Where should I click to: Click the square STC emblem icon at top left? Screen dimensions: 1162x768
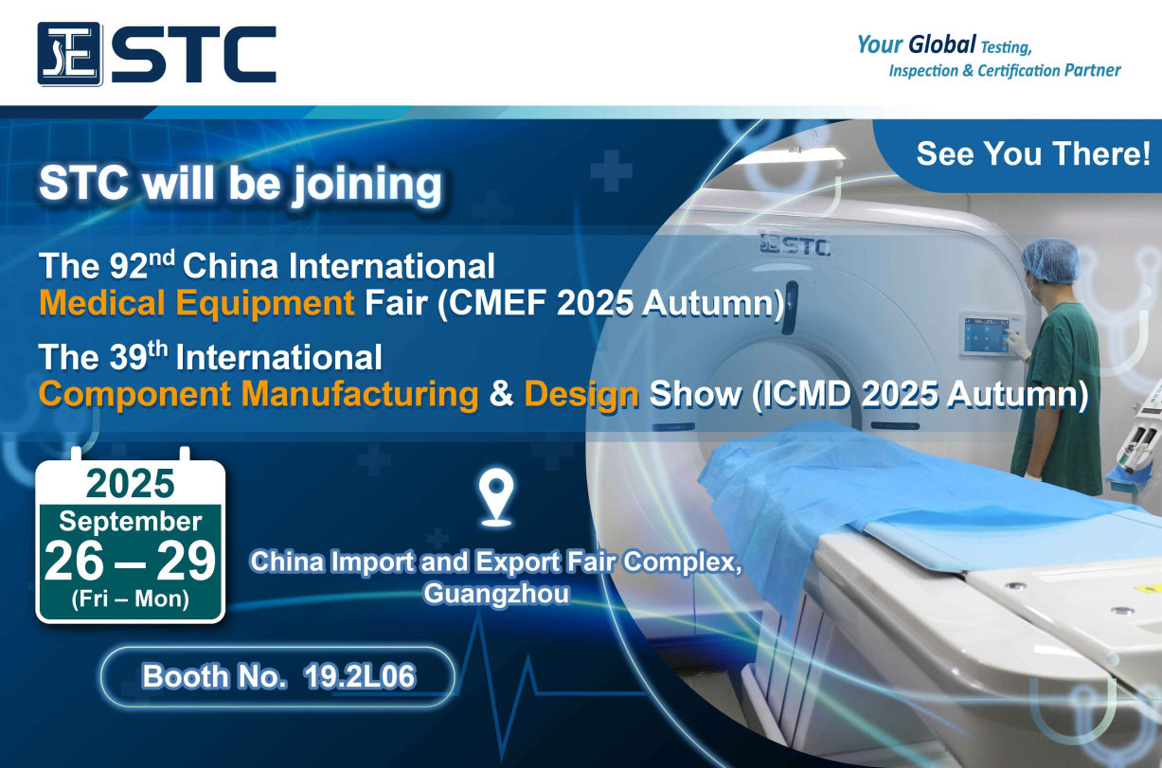click(x=69, y=53)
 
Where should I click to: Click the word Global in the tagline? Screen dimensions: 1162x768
click(x=942, y=45)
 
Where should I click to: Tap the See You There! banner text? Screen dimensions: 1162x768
click(x=1033, y=153)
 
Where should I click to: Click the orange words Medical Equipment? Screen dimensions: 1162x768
click(x=197, y=303)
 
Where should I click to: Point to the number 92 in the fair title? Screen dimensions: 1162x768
click(x=129, y=266)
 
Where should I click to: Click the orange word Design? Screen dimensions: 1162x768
click(x=581, y=395)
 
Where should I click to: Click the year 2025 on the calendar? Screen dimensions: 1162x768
click(x=130, y=483)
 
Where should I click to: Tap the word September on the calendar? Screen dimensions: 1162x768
click(x=130, y=522)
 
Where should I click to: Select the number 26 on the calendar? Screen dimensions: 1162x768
click(x=74, y=562)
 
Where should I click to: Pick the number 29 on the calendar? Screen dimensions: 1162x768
click(x=186, y=562)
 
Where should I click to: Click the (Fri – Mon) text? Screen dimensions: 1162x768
click(x=130, y=598)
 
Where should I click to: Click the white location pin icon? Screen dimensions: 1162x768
click(x=496, y=497)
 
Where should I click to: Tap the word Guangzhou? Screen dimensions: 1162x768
click(x=496, y=593)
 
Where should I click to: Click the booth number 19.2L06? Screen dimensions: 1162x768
click(x=360, y=676)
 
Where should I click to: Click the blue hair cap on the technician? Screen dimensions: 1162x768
click(x=1051, y=259)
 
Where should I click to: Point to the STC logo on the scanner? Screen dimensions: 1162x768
click(x=796, y=244)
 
